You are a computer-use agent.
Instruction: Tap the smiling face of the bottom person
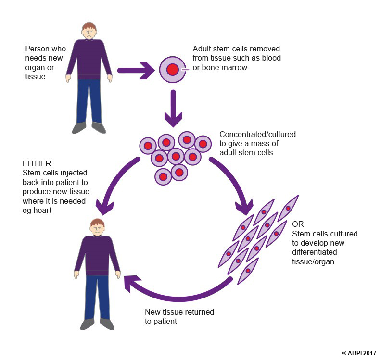pos(97,228)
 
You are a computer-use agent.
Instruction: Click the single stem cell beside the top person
pos(172,70)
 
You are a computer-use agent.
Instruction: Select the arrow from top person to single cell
pos(137,70)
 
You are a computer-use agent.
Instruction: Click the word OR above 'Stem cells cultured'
pos(298,224)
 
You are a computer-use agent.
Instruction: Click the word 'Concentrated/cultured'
pos(257,135)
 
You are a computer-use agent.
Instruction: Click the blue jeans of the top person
pos(89,101)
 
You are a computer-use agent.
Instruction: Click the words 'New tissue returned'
pos(179,312)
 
